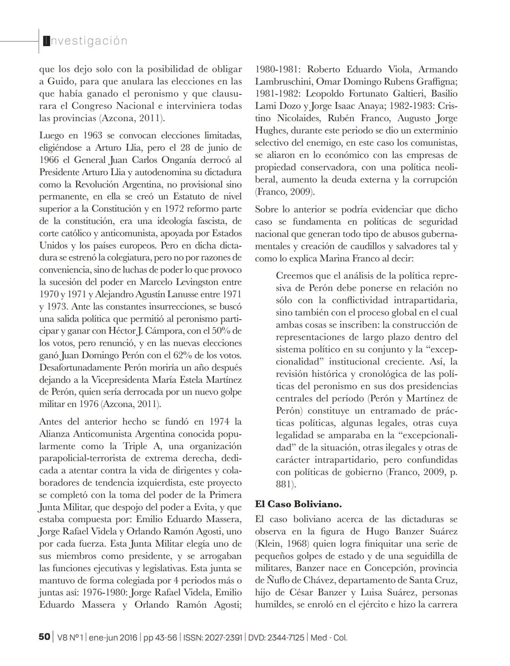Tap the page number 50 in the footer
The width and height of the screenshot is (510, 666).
(44, 637)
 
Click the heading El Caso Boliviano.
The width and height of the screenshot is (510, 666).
(298, 504)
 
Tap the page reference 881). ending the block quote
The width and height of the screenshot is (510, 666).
(286, 484)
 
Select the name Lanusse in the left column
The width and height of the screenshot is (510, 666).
(185, 294)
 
